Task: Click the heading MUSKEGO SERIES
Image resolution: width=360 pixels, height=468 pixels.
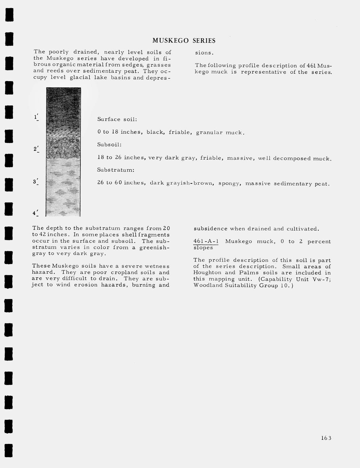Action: click(184, 41)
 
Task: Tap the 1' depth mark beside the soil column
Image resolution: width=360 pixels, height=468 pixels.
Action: click(36, 117)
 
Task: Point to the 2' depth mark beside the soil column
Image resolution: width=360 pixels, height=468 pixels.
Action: click(36, 149)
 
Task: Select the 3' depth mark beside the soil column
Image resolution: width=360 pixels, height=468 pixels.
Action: click(36, 181)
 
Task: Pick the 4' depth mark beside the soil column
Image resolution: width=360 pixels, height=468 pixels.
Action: click(36, 213)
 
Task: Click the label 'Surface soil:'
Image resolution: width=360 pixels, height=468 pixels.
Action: click(117, 119)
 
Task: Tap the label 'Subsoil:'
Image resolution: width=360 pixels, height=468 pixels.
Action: click(109, 144)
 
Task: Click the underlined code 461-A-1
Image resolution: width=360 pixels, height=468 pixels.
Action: click(206, 241)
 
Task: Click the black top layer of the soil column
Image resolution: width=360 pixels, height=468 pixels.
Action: click(63, 109)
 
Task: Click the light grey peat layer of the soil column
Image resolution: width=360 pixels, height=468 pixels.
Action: click(63, 187)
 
